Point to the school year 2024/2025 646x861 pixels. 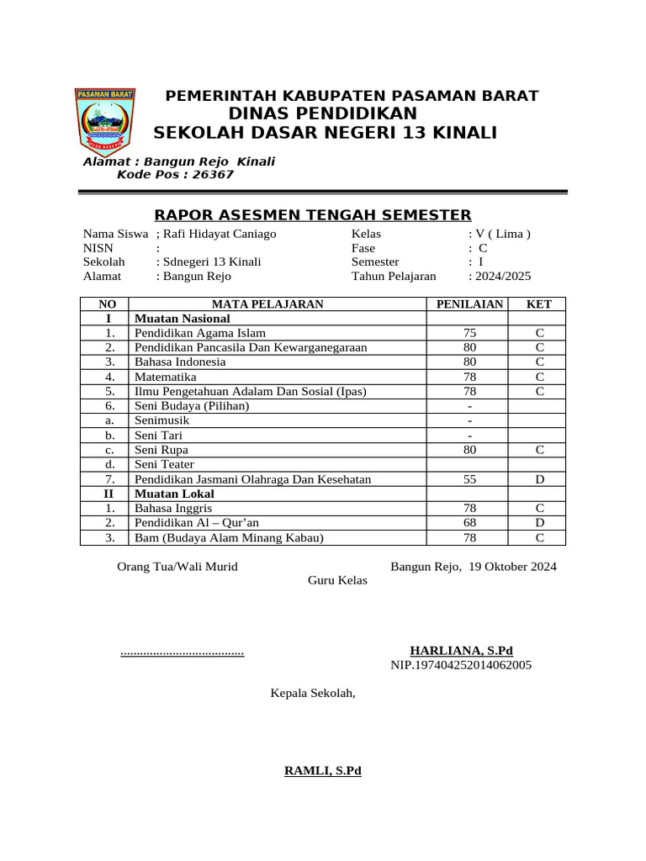503,276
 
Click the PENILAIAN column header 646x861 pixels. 469,304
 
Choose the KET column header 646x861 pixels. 539,304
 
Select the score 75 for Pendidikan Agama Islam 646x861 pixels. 469,334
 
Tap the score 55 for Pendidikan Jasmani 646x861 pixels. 469,479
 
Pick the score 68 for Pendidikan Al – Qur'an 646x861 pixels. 469,523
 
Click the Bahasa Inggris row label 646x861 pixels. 173,509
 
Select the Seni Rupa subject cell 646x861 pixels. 161,450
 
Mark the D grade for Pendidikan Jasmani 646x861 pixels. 539,479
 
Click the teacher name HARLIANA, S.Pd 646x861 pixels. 461,651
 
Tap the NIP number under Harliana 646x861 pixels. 461,665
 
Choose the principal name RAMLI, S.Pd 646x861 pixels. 323,770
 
